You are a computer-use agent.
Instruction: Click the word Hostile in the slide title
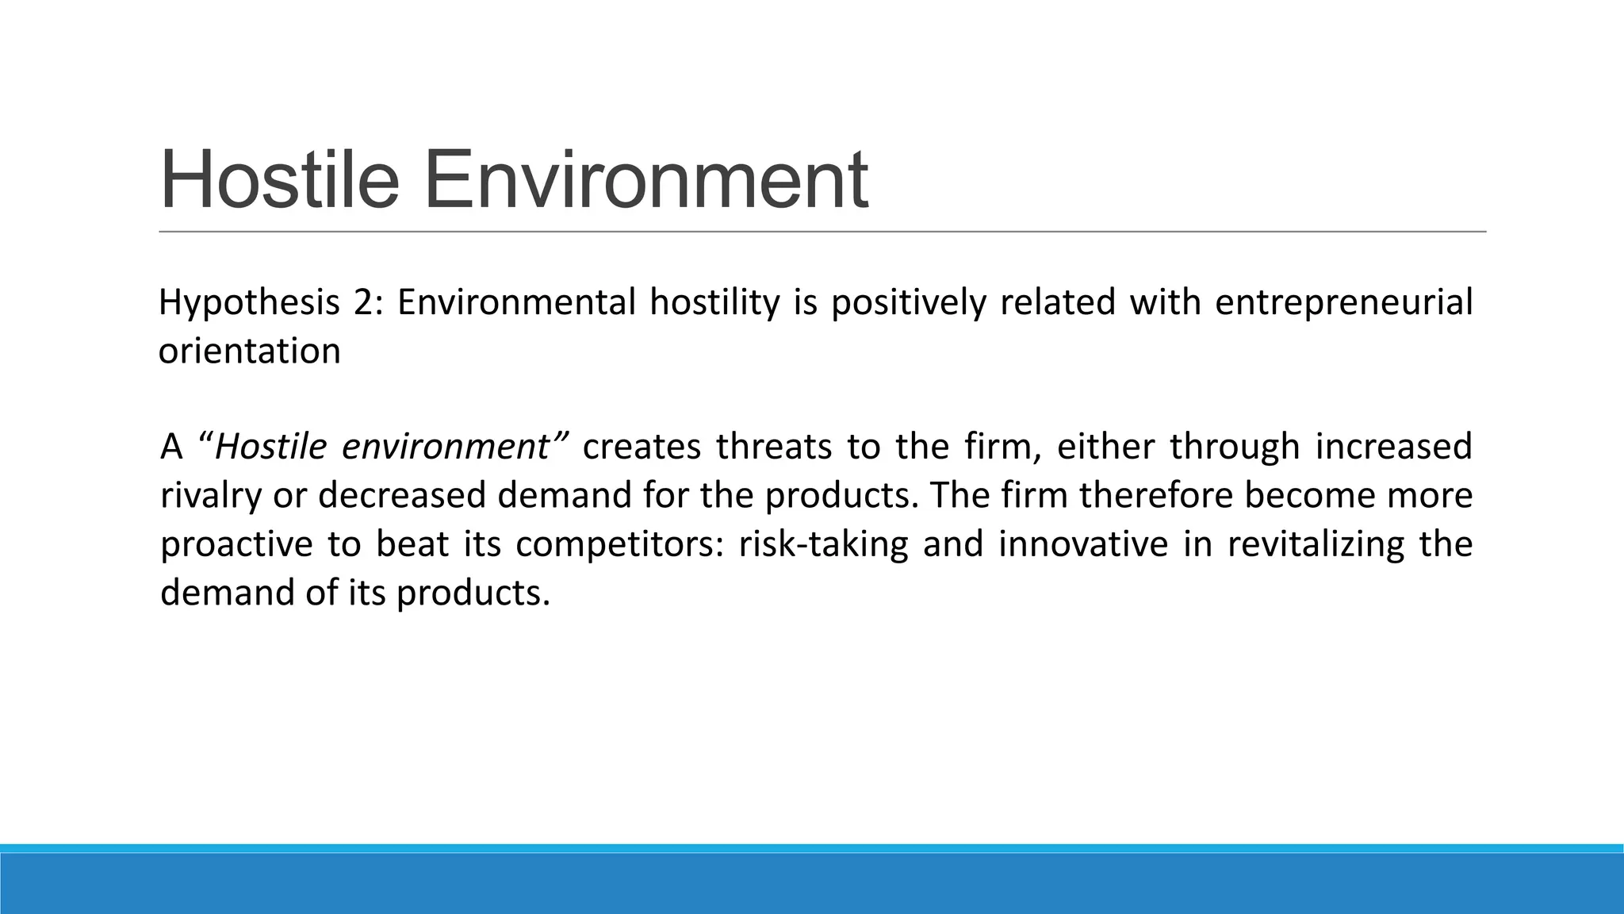279,181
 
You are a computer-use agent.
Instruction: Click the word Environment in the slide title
645,181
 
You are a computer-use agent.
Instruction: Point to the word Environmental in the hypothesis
516,302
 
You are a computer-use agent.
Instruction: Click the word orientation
250,351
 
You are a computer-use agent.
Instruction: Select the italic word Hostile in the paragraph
270,447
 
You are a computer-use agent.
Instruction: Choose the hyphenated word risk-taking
822,545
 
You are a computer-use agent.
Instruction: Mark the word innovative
1082,543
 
